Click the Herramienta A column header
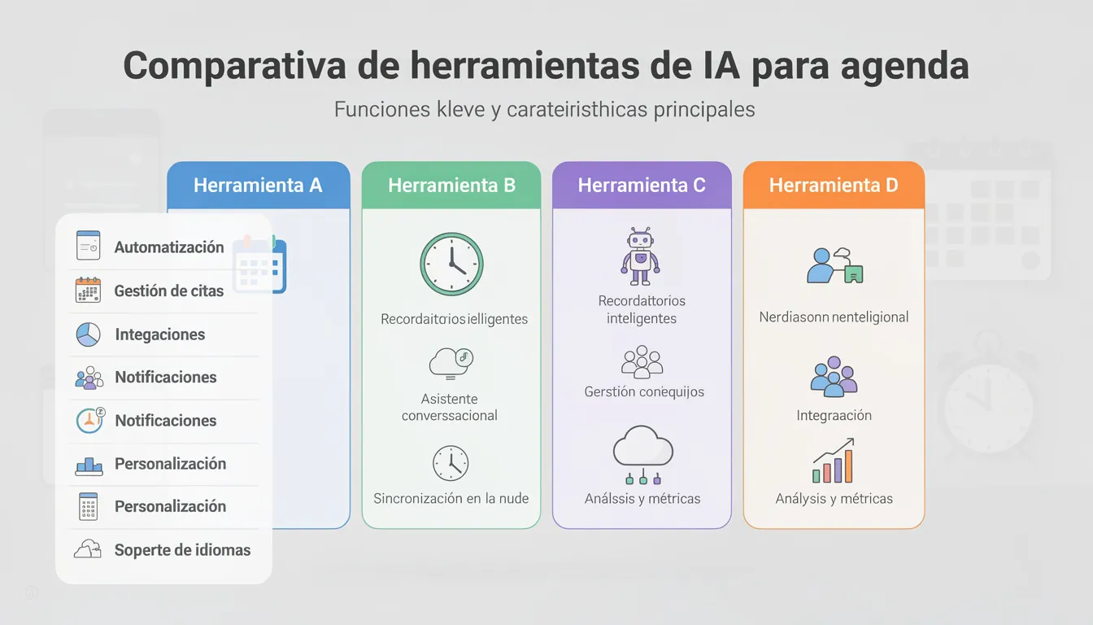click(x=258, y=186)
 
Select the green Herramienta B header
click(x=451, y=186)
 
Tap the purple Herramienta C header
click(x=642, y=186)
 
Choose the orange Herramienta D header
click(x=834, y=186)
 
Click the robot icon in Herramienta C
click(x=641, y=256)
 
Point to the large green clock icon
click(x=451, y=264)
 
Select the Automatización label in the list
click(x=169, y=247)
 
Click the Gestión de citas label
click(x=169, y=291)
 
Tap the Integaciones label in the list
click(x=160, y=334)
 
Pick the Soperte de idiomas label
click(x=182, y=550)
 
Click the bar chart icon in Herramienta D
click(x=834, y=461)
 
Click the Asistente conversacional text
click(x=450, y=407)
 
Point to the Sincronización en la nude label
click(x=451, y=498)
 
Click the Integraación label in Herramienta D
click(x=834, y=415)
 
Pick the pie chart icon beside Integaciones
click(x=88, y=334)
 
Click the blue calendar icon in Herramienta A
click(x=259, y=264)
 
